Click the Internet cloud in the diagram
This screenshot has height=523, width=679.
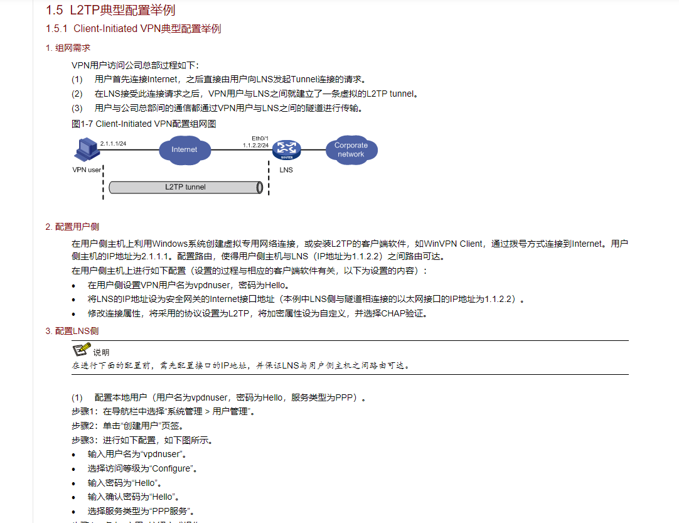[184, 149]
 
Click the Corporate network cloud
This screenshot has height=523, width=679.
[351, 149]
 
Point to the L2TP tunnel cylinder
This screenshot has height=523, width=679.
[185, 187]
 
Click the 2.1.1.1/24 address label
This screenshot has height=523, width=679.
[114, 144]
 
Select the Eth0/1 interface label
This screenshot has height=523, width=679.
[260, 138]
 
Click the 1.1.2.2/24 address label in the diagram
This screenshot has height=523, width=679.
[256, 145]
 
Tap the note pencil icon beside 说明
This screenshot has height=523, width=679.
[81, 350]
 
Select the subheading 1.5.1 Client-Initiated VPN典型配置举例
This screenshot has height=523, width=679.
[133, 29]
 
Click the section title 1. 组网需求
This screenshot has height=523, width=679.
[68, 48]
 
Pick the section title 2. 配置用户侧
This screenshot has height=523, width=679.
[72, 227]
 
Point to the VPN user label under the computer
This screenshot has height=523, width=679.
[87, 170]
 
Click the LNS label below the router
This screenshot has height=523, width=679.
[286, 170]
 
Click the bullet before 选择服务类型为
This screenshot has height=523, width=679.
[75, 511]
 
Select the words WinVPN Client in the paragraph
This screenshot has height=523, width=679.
[454, 244]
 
